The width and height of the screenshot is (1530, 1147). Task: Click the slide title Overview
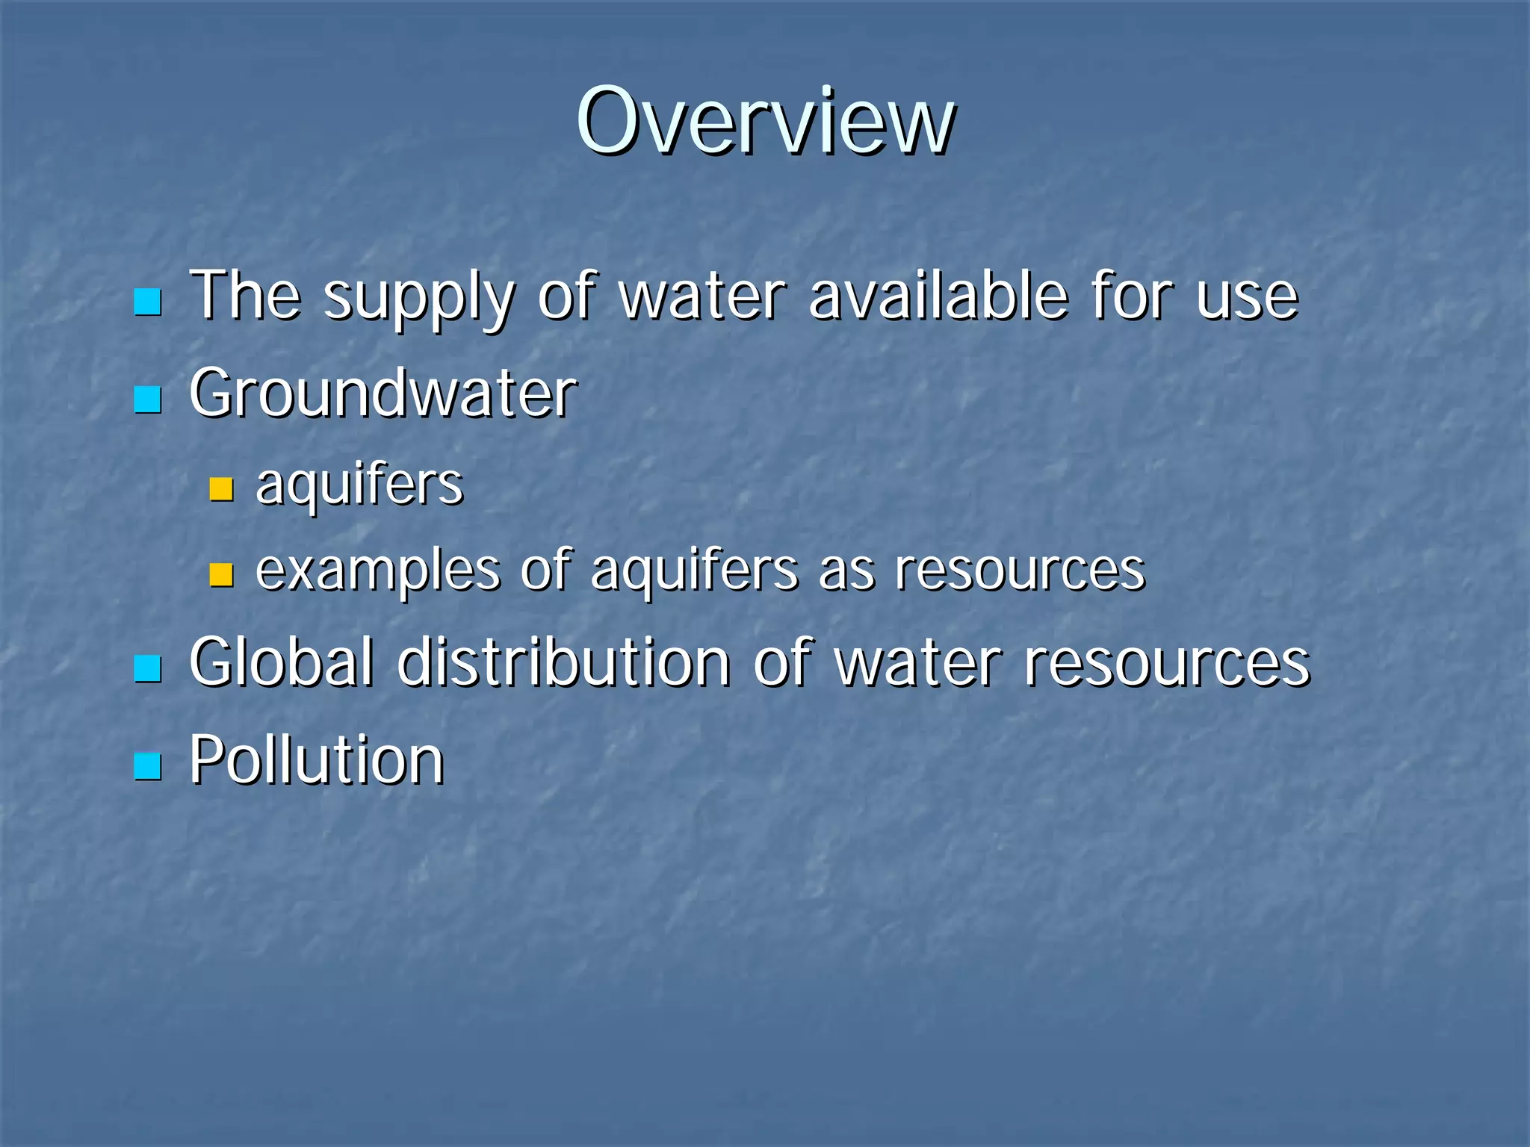765,121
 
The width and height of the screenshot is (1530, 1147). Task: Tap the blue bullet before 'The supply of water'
147,302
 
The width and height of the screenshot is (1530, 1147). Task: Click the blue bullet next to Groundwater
147,400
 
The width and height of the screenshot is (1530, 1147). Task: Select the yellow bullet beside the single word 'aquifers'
221,489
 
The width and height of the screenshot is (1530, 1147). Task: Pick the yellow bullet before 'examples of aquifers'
221,574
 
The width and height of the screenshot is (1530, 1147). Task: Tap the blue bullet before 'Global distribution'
147,668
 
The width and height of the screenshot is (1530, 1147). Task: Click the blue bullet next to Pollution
147,765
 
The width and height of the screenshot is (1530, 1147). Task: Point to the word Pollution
317,759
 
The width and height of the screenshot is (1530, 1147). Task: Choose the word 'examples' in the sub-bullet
377,572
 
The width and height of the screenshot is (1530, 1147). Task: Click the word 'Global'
281,662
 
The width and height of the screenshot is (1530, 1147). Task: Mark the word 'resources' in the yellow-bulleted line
1020,571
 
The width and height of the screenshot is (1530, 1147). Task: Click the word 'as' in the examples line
847,572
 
